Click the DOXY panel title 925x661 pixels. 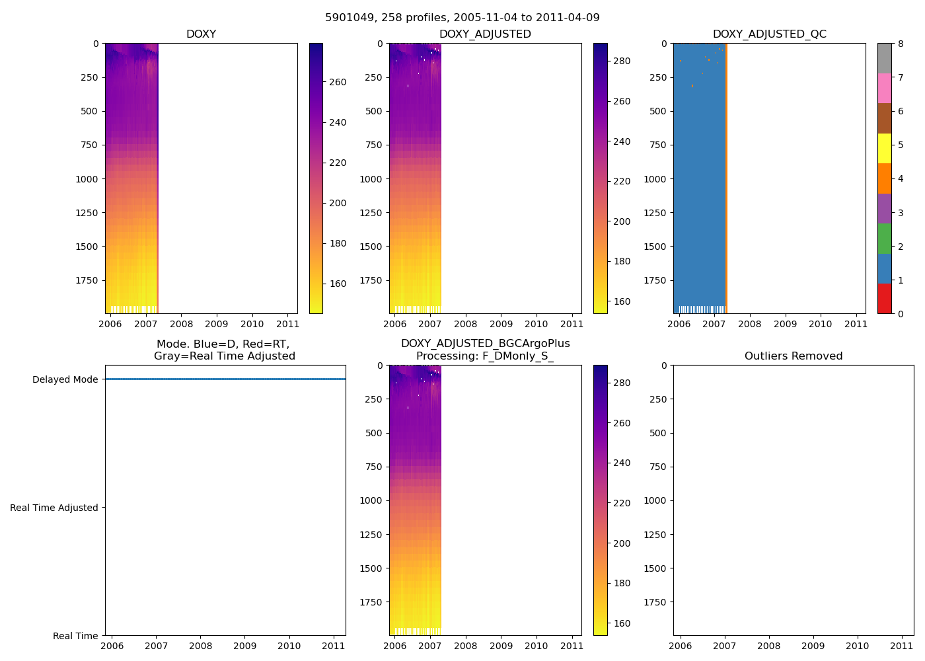[x=201, y=34]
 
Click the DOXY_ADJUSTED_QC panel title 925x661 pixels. [x=769, y=34]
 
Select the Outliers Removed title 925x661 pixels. [x=793, y=356]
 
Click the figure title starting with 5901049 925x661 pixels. [x=462, y=18]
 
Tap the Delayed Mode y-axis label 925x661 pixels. [x=65, y=379]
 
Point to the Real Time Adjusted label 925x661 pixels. [x=54, y=508]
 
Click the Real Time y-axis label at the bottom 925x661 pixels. [x=75, y=636]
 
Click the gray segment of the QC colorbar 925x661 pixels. [x=884, y=58]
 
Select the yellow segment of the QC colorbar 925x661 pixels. [x=884, y=148]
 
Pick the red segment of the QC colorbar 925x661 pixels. [x=884, y=299]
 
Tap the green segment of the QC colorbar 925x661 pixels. [x=884, y=239]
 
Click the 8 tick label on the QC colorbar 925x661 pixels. [x=900, y=44]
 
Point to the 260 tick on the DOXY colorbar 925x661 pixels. [x=338, y=82]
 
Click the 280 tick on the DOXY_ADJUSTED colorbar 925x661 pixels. [x=622, y=61]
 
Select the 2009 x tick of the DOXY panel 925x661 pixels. [x=217, y=324]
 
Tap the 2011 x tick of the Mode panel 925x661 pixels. [x=334, y=646]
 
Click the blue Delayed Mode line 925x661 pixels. [x=225, y=379]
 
